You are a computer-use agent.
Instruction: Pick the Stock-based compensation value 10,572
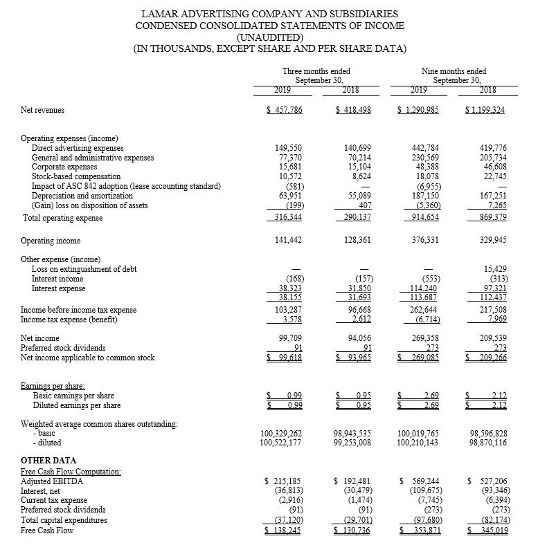(x=289, y=176)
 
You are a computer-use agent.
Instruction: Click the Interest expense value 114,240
(x=424, y=288)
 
